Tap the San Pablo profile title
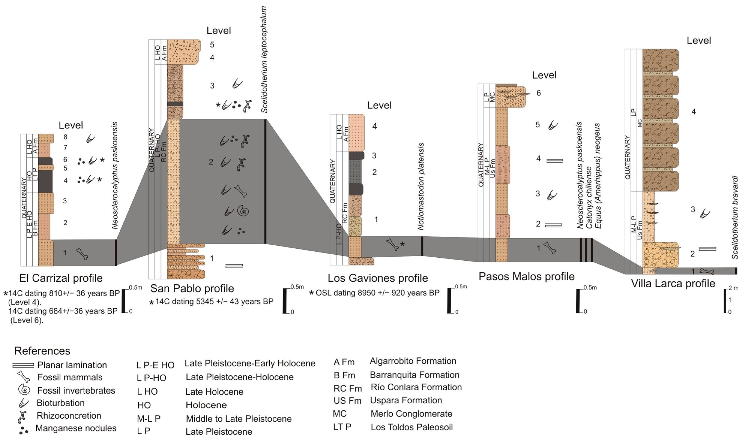click(192, 288)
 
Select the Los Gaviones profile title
click(378, 278)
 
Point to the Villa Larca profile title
click(673, 283)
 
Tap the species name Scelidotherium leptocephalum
click(264, 60)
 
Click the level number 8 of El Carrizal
click(66, 137)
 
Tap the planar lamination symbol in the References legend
click(23, 365)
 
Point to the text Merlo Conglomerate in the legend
click(411, 414)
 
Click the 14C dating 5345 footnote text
click(214, 301)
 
